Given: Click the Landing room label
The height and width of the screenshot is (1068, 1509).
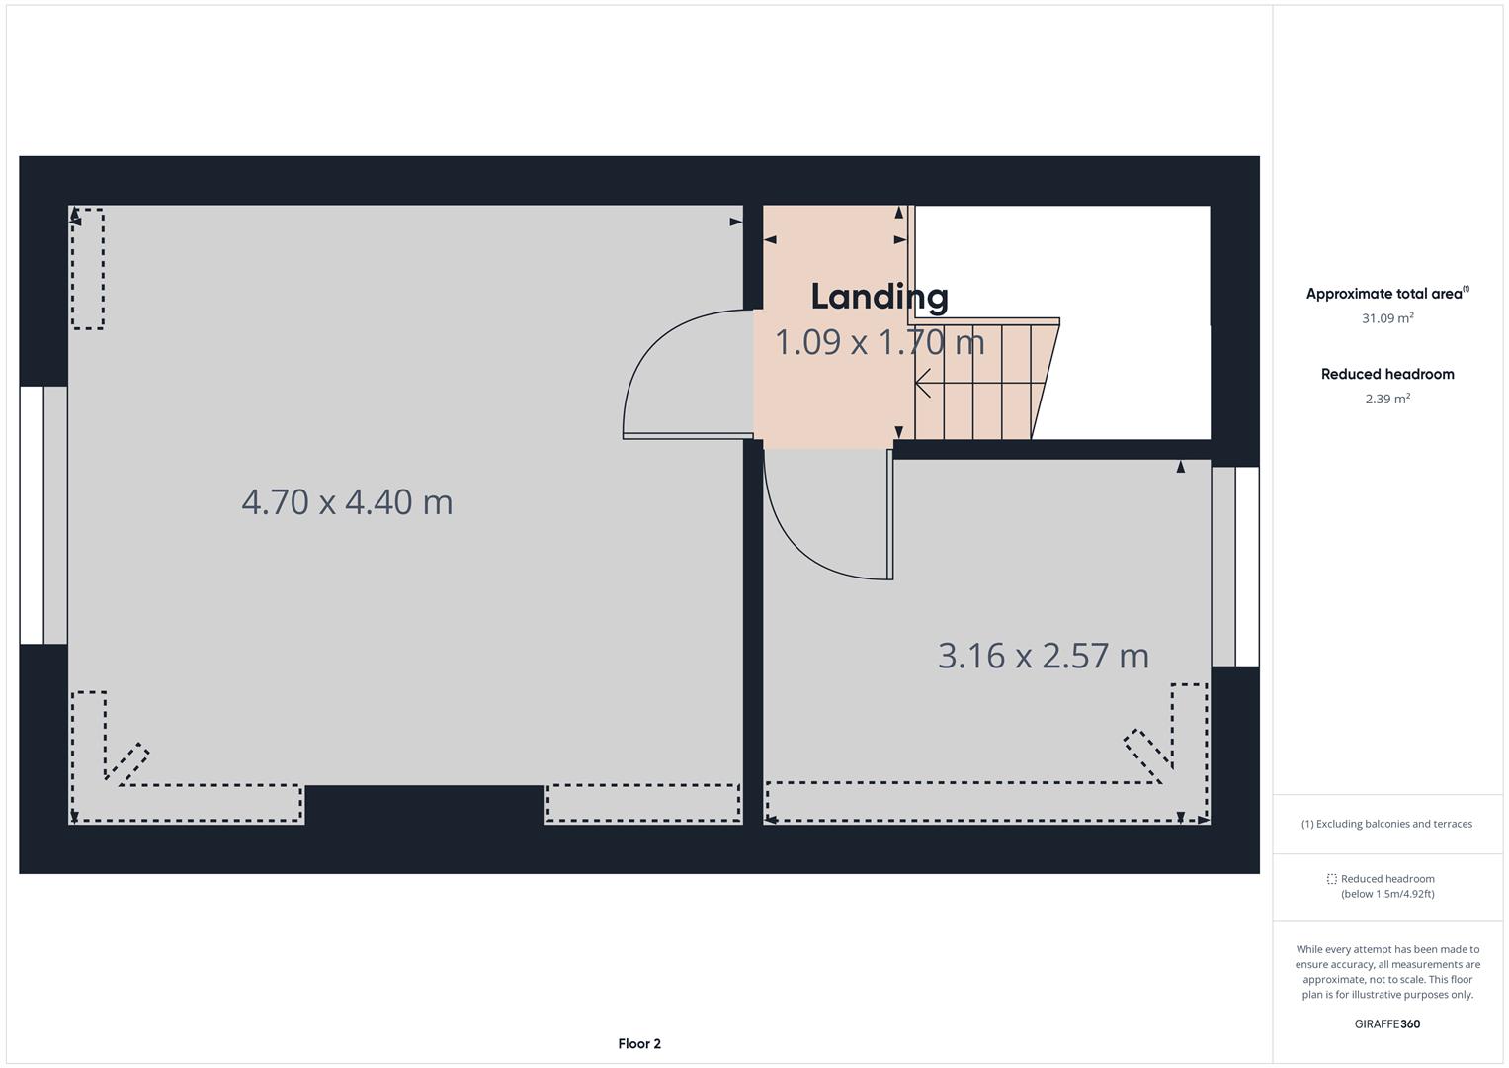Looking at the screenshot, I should click(880, 297).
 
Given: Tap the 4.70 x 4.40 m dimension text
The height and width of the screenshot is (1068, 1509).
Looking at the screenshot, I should click(347, 502).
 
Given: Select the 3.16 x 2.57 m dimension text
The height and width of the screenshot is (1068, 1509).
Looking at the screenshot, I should click(1043, 656).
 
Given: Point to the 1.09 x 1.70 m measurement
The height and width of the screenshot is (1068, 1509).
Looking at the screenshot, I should click(879, 343).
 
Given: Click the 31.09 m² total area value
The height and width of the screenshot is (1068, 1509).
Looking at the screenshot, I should click(1387, 318).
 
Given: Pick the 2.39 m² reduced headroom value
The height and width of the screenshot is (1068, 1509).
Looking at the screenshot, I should click(1387, 399).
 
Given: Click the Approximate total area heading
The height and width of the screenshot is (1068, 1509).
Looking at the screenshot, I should click(1385, 294).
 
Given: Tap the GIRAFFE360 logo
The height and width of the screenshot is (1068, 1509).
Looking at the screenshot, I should click(1386, 1023).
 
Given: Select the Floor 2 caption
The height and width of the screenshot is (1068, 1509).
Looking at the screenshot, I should click(639, 1043).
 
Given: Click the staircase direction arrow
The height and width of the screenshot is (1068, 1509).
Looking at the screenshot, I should click(923, 382).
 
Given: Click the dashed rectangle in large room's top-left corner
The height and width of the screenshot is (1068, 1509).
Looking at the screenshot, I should click(88, 268).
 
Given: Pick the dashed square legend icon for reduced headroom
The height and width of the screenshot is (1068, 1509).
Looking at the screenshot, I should click(1331, 879).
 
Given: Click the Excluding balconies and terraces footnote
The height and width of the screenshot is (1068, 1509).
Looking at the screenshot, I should click(1386, 824).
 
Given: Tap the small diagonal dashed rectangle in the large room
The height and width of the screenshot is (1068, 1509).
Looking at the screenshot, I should click(127, 763).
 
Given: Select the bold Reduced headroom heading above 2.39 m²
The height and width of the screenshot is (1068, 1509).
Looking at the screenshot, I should click(1387, 374).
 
